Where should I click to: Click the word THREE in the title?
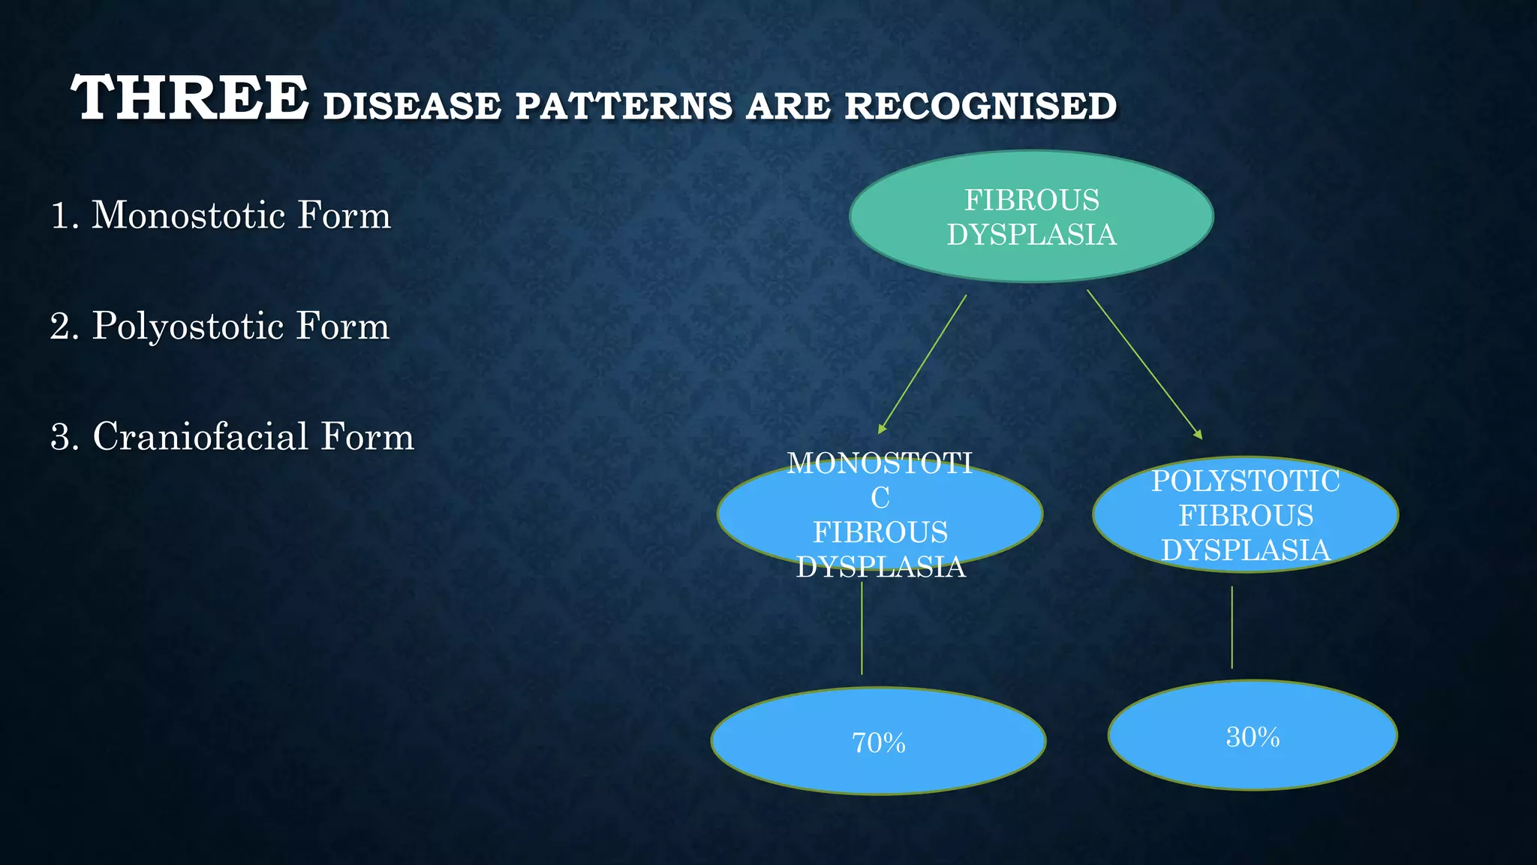pos(189,98)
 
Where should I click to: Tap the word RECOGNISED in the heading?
pos(980,106)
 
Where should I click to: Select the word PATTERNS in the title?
pos(623,106)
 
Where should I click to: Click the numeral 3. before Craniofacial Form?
pos(64,437)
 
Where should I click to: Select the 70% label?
pos(878,743)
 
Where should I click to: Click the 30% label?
pos(1252,737)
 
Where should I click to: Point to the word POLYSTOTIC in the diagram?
pos(1245,481)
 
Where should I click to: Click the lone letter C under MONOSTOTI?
pos(880,498)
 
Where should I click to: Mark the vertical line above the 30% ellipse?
pos(1232,628)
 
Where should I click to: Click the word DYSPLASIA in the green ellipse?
pos(1031,235)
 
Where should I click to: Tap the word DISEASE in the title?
pos(412,106)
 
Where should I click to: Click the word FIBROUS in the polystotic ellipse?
pos(1245,516)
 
